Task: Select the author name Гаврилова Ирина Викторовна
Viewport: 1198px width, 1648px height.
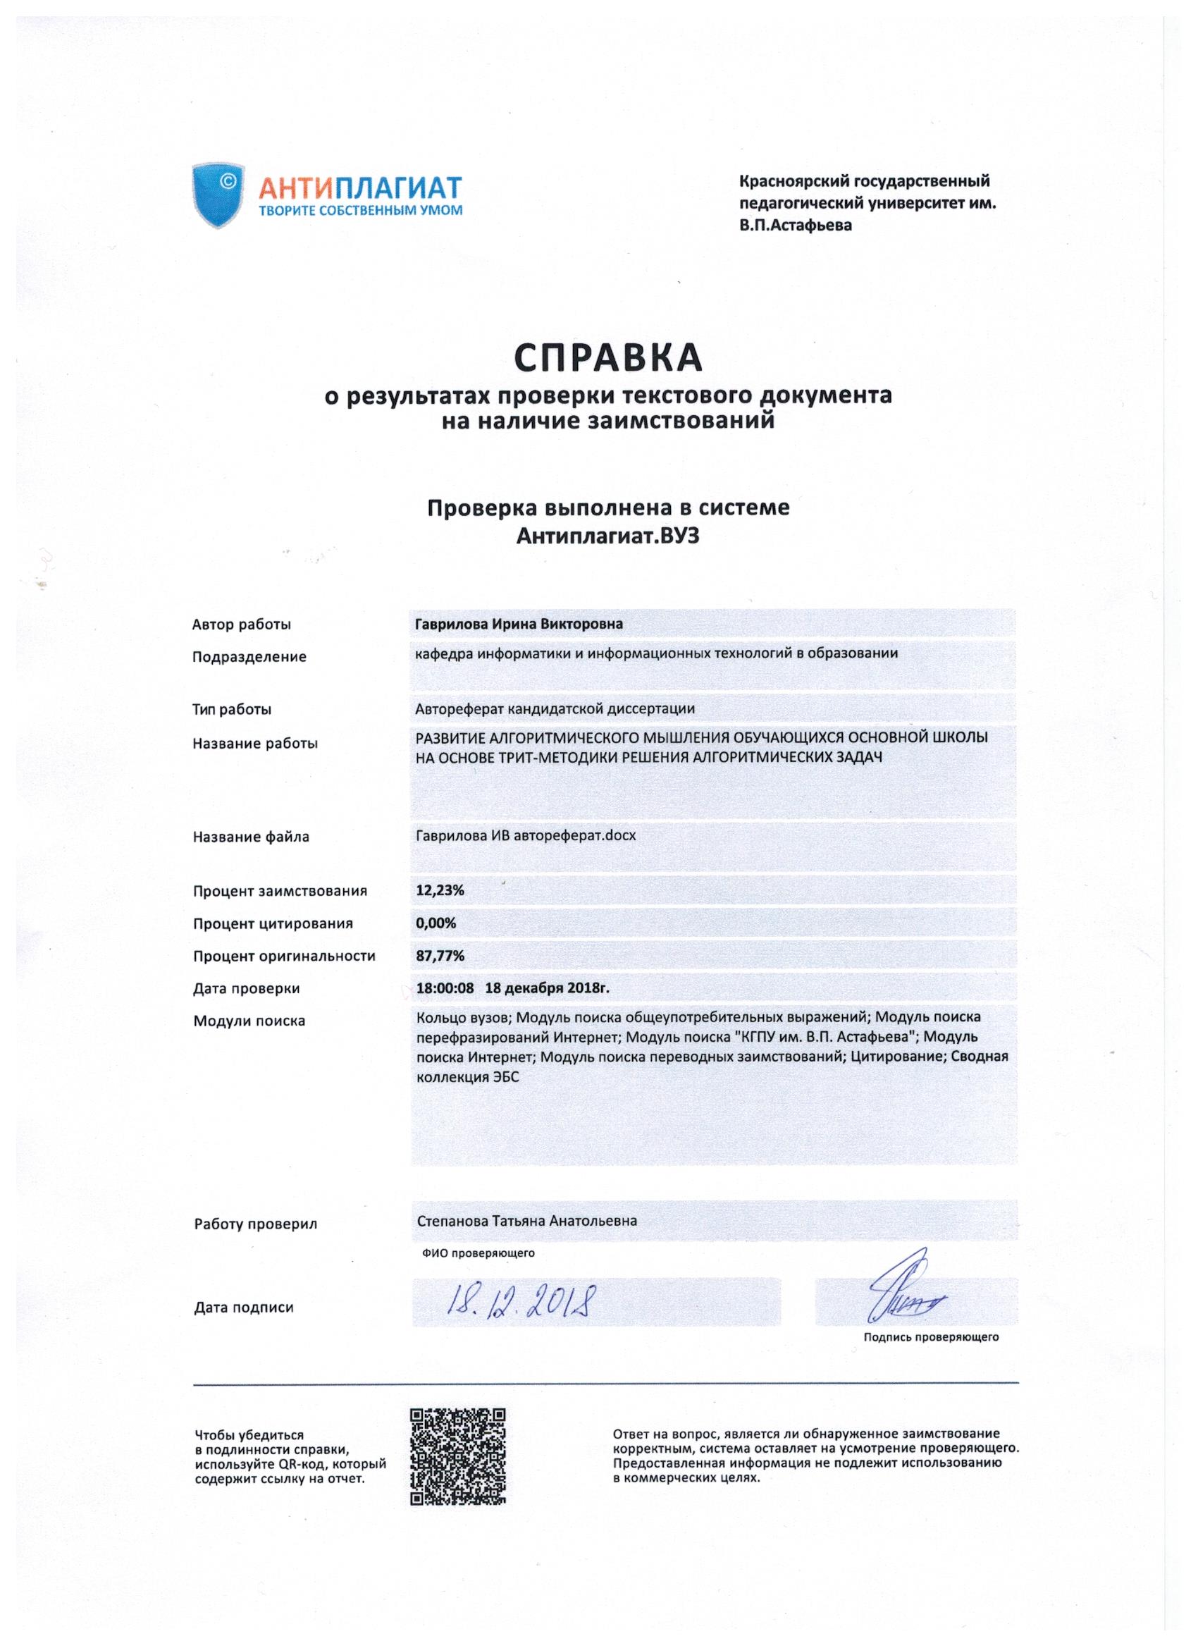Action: click(518, 625)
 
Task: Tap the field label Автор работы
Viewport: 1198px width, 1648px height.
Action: click(241, 625)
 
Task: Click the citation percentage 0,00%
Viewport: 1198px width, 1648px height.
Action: click(436, 923)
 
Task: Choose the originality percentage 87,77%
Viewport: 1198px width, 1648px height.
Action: click(440, 957)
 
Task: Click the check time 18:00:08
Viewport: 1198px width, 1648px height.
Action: click(445, 988)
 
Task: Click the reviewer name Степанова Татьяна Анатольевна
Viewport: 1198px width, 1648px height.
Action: click(526, 1221)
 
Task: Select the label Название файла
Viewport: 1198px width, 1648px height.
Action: click(251, 837)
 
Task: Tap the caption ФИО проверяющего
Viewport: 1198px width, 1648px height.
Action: click(478, 1253)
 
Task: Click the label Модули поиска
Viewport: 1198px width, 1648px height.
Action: click(249, 1021)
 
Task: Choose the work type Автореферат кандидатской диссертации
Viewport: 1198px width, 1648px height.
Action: click(555, 708)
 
